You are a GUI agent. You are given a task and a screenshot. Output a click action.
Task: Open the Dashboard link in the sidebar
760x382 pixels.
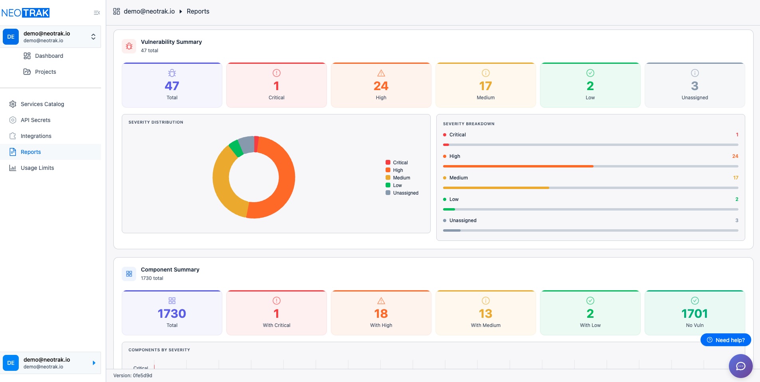49,56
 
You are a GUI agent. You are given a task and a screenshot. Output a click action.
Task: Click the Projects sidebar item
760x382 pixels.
45,72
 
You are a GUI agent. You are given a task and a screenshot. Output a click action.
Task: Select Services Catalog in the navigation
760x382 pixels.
42,104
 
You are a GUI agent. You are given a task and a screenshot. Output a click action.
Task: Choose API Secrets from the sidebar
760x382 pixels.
35,120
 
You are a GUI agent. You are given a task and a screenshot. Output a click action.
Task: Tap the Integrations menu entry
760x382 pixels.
36,136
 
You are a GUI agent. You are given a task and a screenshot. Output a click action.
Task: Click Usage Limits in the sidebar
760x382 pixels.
37,168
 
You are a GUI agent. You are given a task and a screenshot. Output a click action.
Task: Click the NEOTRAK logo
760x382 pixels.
26,13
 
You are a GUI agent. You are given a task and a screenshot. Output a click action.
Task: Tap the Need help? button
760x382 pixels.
726,340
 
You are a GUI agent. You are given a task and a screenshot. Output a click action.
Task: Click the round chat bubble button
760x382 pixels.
740,366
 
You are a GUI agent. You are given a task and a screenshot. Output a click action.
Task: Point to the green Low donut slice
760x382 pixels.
236,148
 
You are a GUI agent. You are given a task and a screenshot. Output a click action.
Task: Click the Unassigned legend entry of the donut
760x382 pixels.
405,193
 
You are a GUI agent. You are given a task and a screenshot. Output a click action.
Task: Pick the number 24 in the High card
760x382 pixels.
381,86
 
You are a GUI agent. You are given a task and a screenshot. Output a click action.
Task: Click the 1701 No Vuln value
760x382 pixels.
695,314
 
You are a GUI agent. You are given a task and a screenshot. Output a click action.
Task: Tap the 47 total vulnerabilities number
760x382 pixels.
172,86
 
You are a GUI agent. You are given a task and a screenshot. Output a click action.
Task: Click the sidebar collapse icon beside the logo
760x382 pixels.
97,13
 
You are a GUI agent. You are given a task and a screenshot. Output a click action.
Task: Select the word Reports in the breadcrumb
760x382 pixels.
198,12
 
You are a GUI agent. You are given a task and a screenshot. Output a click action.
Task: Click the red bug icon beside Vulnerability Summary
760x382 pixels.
129,46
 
